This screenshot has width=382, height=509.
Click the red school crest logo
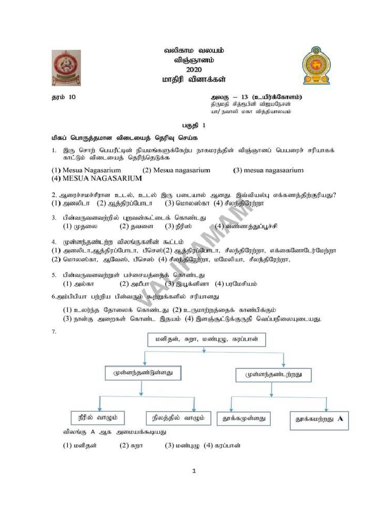coord(67,68)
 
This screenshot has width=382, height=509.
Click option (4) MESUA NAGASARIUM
coord(90,178)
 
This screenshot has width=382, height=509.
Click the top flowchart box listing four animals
coord(206,339)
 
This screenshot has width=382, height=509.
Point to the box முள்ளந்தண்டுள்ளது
coord(142,372)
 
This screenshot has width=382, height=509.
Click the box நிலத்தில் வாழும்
coord(176,418)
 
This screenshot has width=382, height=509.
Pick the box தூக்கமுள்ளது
coord(243,419)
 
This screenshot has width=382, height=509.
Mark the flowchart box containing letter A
coord(319,420)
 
